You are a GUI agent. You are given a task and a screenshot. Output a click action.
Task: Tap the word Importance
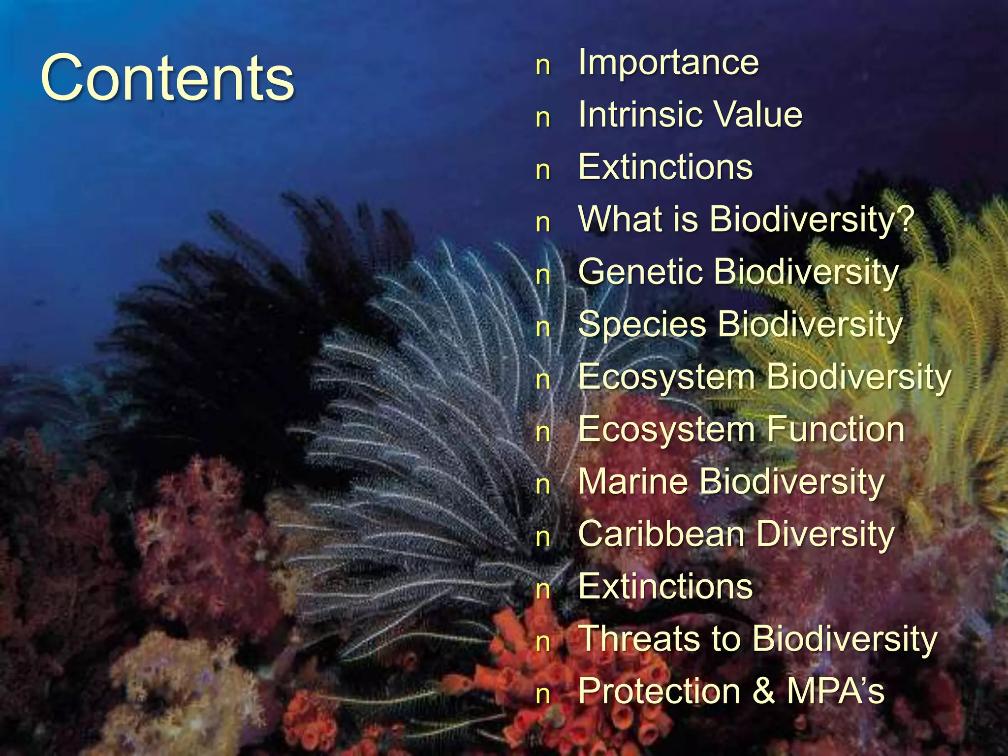(668, 63)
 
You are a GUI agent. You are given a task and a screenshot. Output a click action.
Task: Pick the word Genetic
(640, 272)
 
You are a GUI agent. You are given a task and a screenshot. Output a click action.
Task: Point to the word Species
(642, 325)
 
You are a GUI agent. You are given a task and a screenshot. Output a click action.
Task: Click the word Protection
(660, 691)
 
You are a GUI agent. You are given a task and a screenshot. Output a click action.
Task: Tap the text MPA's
(835, 691)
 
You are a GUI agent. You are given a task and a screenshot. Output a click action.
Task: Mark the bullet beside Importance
(543, 65)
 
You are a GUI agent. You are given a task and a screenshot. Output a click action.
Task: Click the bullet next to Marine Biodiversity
(543, 485)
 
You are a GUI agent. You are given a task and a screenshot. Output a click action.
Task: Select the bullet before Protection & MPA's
(543, 694)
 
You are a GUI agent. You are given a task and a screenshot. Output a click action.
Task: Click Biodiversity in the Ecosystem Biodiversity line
(858, 377)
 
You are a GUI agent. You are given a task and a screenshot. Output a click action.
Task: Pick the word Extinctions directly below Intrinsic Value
(665, 167)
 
